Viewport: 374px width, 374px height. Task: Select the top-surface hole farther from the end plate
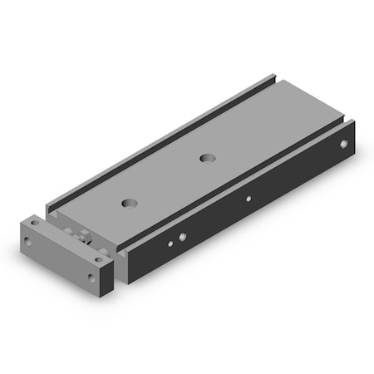click(x=205, y=156)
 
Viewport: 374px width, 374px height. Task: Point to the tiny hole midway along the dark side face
click(x=247, y=199)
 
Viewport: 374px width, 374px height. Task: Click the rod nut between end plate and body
click(x=83, y=236)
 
